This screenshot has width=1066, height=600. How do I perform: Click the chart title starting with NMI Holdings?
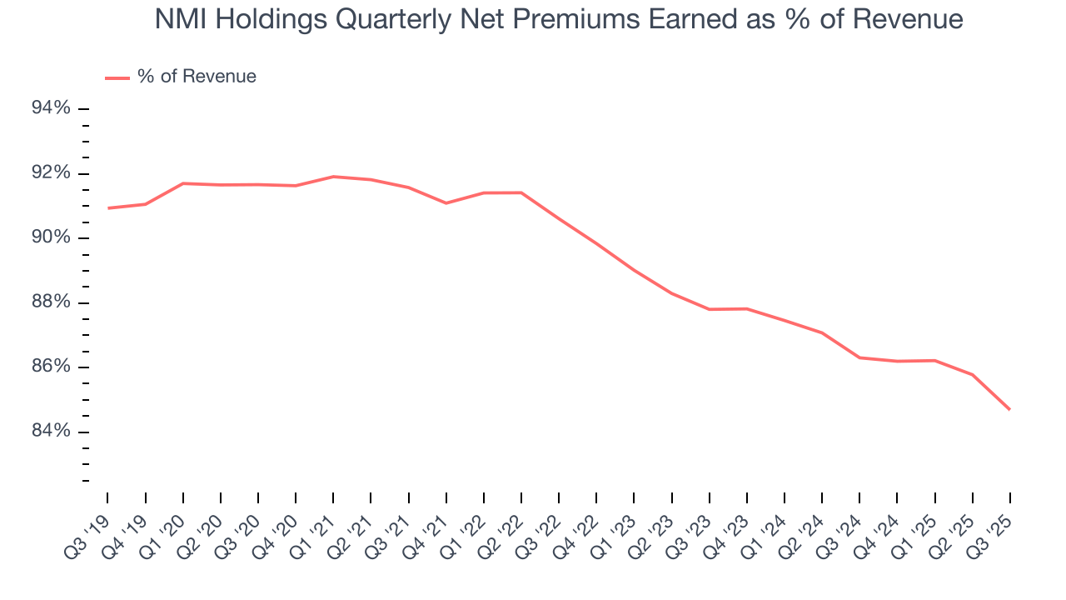559,19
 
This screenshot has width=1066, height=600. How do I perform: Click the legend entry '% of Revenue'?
197,77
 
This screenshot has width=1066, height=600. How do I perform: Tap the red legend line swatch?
117,77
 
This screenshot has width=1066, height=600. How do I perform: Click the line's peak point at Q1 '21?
333,177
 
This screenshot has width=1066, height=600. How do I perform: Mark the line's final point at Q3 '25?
1010,409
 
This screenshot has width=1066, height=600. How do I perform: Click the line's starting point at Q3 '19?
108,208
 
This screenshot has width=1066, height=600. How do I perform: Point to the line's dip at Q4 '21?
446,203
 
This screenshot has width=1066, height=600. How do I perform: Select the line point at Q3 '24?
859,357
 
